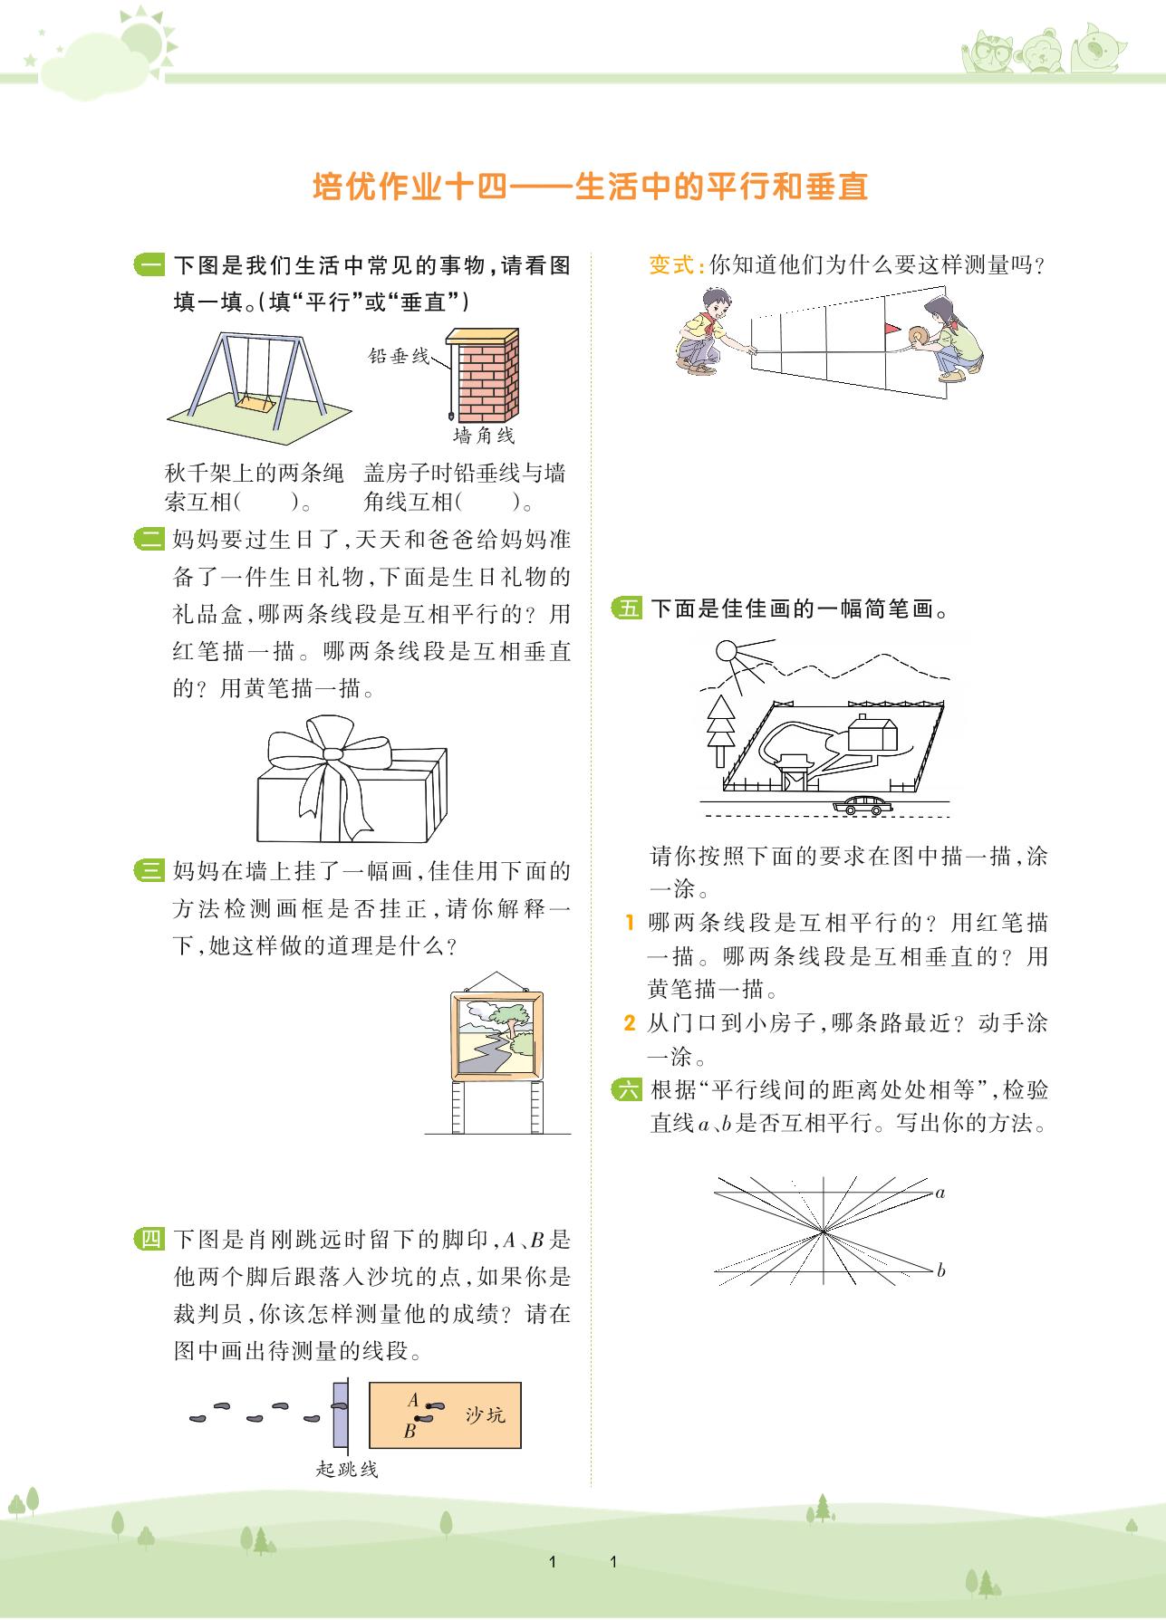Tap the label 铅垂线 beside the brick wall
tap(399, 356)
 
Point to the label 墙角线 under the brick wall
tap(484, 436)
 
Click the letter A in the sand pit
tap(413, 1400)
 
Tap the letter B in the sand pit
tap(410, 1432)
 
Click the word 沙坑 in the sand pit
tap(486, 1414)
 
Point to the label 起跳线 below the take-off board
tap(347, 1469)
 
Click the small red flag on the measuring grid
tap(892, 328)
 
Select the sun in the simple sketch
tap(728, 650)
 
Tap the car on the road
tap(862, 804)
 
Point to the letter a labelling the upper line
tap(940, 1193)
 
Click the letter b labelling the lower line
tap(941, 1270)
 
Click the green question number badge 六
tap(627, 1089)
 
